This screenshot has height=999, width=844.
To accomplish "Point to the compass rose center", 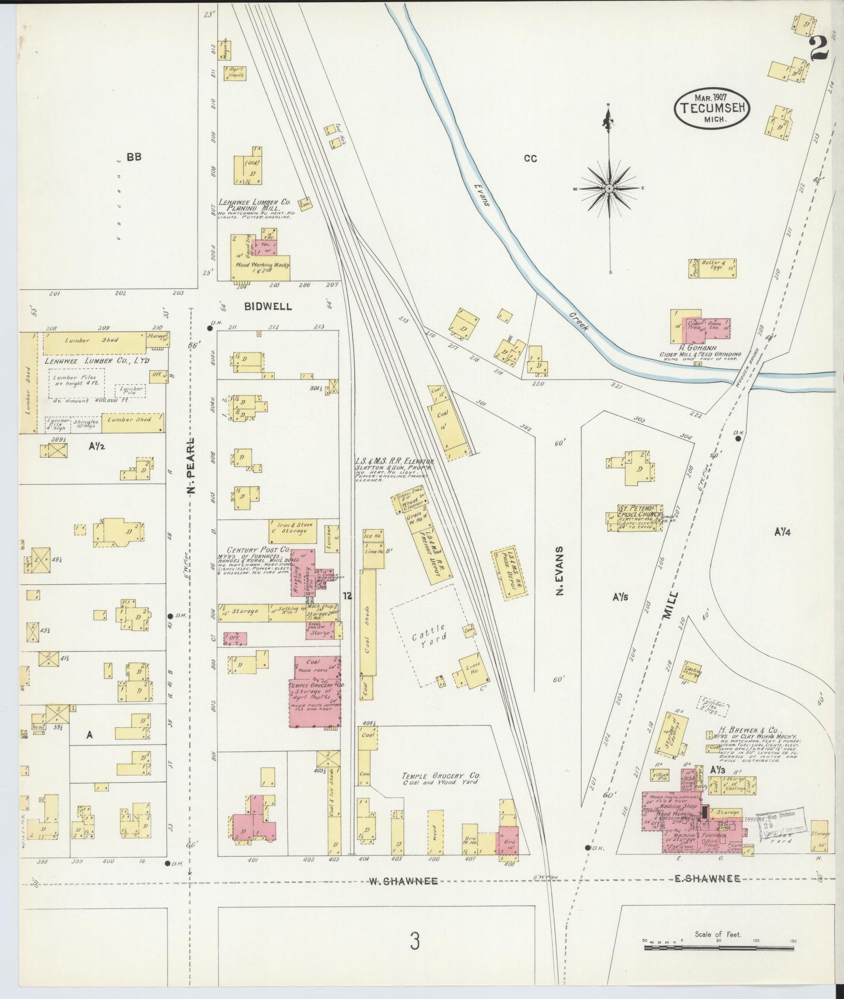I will (x=610, y=188).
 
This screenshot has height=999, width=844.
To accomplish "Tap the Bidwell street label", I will (x=268, y=306).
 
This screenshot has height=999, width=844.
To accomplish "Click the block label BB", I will (x=134, y=157).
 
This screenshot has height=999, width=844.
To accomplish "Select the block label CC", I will (x=530, y=159).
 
